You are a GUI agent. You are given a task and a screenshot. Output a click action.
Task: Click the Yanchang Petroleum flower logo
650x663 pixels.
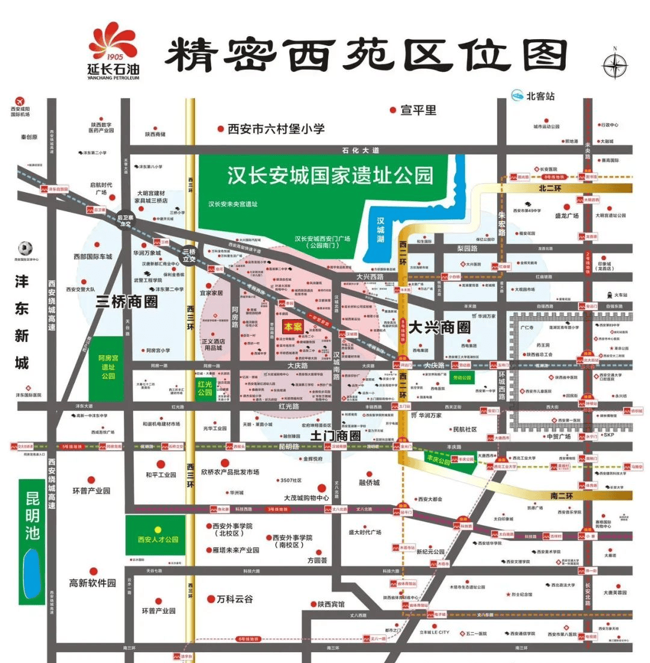click(113, 42)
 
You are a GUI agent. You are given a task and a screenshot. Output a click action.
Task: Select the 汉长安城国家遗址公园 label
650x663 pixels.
click(330, 175)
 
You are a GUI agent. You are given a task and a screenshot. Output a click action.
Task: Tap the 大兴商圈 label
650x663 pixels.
click(439, 328)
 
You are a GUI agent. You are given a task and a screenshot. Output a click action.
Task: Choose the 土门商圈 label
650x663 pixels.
click(336, 435)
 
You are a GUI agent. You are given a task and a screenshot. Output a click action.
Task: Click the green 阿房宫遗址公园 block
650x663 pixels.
click(108, 366)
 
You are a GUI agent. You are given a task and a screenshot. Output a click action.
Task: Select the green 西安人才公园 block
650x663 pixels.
click(158, 539)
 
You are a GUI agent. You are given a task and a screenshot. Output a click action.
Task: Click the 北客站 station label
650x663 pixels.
click(540, 96)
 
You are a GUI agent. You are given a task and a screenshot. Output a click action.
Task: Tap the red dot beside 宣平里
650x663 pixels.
click(392, 110)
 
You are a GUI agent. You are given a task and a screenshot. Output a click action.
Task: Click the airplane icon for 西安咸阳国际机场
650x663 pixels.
click(19, 100)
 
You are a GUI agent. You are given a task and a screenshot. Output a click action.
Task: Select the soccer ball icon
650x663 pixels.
click(24, 248)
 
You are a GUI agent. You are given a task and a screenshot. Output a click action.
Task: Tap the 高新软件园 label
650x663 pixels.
click(92, 583)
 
